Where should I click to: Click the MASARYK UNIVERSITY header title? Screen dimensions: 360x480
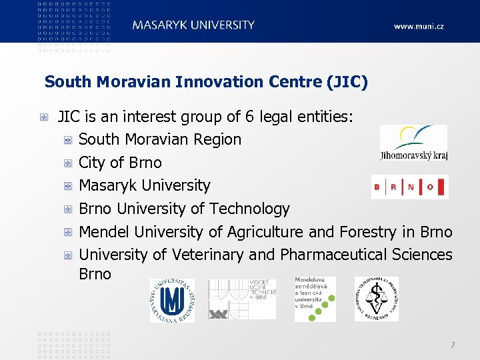(x=193, y=25)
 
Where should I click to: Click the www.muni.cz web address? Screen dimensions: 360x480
(x=418, y=26)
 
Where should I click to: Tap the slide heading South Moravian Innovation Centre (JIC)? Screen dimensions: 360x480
(x=206, y=82)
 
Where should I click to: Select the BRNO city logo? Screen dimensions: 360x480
(x=409, y=187)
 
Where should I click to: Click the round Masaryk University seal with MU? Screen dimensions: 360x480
(x=172, y=301)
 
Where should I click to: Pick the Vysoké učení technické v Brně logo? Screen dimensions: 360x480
(x=241, y=299)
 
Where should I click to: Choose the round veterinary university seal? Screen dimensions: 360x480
(x=377, y=299)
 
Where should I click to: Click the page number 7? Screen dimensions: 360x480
(x=453, y=345)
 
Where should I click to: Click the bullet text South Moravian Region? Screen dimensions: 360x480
(x=160, y=139)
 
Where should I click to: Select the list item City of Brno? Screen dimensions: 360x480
(x=120, y=163)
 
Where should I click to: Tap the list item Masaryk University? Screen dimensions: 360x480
(x=144, y=185)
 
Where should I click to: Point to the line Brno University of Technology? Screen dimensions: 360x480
(x=184, y=209)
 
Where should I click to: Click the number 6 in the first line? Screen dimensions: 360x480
(x=249, y=117)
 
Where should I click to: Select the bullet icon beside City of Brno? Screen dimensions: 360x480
(x=68, y=163)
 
